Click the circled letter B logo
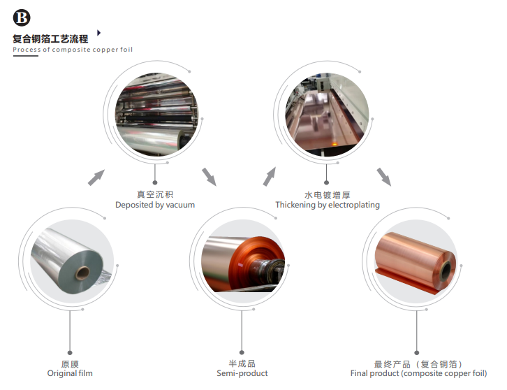pos(22,17)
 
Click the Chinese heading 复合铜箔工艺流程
pos(50,39)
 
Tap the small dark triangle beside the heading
pos(99,33)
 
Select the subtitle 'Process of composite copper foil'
pos(73,50)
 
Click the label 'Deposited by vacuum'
pos(155,205)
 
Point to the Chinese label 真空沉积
pos(155,194)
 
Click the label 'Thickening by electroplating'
pos(328,205)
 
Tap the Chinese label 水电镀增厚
pos(328,195)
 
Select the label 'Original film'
pos(70,373)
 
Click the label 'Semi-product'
pos(242,373)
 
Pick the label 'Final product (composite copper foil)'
pos(419,373)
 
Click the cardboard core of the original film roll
pos(82,273)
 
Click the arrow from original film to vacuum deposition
pos(96,178)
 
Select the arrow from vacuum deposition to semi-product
pos(210,177)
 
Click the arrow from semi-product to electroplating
pos(270,176)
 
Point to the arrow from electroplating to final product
pos(384,177)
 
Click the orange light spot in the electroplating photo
pos(335,143)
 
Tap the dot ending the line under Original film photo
pos(70,353)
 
